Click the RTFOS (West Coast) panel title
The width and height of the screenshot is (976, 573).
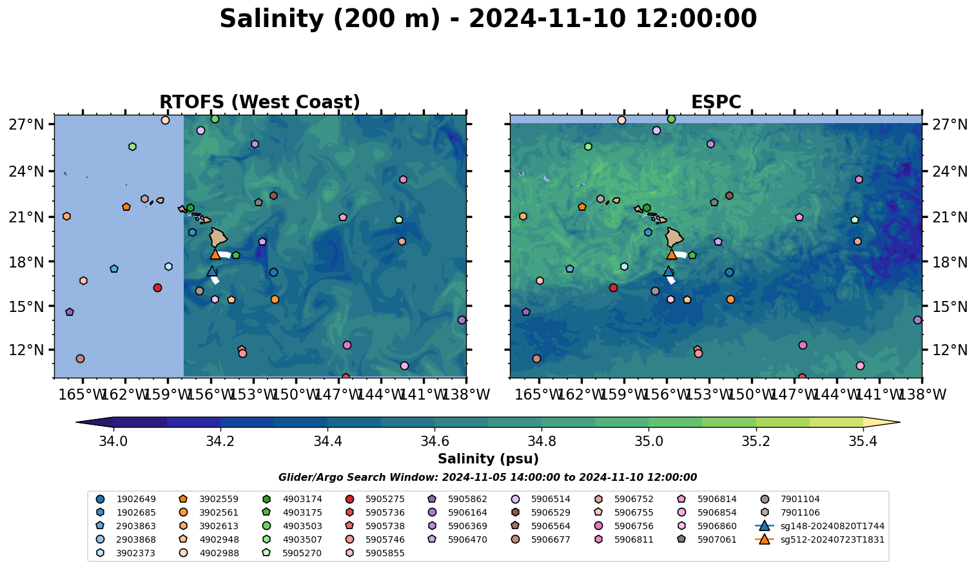(x=259, y=102)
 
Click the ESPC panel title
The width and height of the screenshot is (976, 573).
(x=716, y=102)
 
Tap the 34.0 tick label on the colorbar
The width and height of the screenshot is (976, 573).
(x=113, y=442)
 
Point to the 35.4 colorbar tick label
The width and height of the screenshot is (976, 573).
(x=863, y=442)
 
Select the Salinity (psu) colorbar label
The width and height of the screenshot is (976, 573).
(x=488, y=459)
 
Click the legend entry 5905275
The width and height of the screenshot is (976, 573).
(x=385, y=499)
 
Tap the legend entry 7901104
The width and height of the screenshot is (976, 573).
(x=800, y=499)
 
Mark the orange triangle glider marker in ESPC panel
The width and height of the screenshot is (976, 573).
(x=671, y=254)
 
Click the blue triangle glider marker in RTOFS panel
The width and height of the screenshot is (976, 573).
(x=212, y=271)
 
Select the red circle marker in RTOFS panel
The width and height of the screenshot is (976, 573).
(x=157, y=287)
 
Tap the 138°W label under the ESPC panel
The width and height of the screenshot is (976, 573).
(x=921, y=394)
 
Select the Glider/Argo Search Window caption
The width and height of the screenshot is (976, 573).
(x=487, y=478)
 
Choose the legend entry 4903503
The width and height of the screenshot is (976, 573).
(x=302, y=526)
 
